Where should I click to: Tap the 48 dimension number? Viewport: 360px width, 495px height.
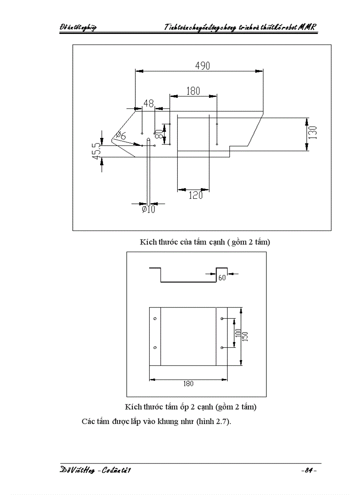149,104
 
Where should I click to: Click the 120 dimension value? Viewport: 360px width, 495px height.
195,195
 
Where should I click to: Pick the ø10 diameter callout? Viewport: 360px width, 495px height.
148,210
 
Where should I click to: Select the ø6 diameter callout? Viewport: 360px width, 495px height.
121,136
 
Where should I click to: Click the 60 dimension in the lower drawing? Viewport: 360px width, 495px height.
222,278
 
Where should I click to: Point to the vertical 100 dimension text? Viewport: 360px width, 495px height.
238,333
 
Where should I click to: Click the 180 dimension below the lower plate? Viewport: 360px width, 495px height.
188,383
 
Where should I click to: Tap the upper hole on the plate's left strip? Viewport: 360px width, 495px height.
155,318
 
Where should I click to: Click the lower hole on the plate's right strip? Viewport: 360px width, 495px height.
221,348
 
